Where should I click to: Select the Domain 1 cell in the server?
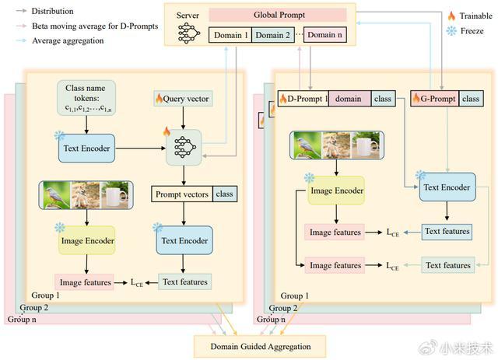click(x=230, y=35)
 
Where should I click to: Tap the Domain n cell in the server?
click(x=325, y=35)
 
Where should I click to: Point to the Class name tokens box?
click(x=86, y=100)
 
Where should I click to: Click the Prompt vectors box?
click(x=181, y=194)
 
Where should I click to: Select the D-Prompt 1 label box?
click(x=303, y=99)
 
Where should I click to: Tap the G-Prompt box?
click(x=434, y=99)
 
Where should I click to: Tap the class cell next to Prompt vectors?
click(x=223, y=194)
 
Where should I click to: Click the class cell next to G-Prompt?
click(x=472, y=99)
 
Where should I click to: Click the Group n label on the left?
click(x=23, y=320)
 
